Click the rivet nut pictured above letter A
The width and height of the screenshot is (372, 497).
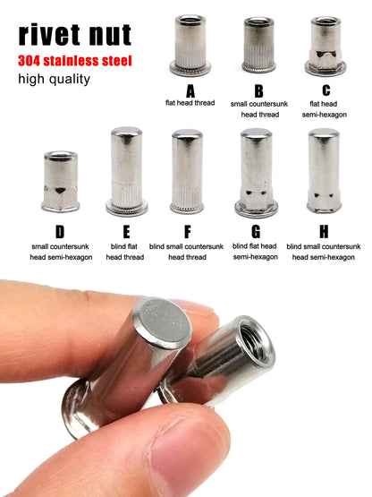(x=190, y=45)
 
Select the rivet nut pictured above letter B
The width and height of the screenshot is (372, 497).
(x=258, y=45)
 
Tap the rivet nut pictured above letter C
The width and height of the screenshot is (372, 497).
(x=325, y=46)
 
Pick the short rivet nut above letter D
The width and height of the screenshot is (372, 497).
(x=60, y=182)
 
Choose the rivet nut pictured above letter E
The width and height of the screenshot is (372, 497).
(x=127, y=171)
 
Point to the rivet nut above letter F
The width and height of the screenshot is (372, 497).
(x=187, y=171)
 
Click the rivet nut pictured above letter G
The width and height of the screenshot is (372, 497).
(x=256, y=173)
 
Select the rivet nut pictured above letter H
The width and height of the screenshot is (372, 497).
(x=324, y=170)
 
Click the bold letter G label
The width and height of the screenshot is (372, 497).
(x=256, y=232)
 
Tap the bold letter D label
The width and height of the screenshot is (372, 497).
(x=60, y=232)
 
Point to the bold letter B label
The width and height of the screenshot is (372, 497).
(x=258, y=91)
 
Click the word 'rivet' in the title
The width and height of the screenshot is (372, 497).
(x=49, y=34)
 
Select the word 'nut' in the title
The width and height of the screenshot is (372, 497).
(x=110, y=35)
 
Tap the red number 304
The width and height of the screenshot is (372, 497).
(x=30, y=61)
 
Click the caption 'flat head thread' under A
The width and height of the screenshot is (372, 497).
(x=190, y=103)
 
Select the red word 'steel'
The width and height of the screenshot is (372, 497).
(x=116, y=61)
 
